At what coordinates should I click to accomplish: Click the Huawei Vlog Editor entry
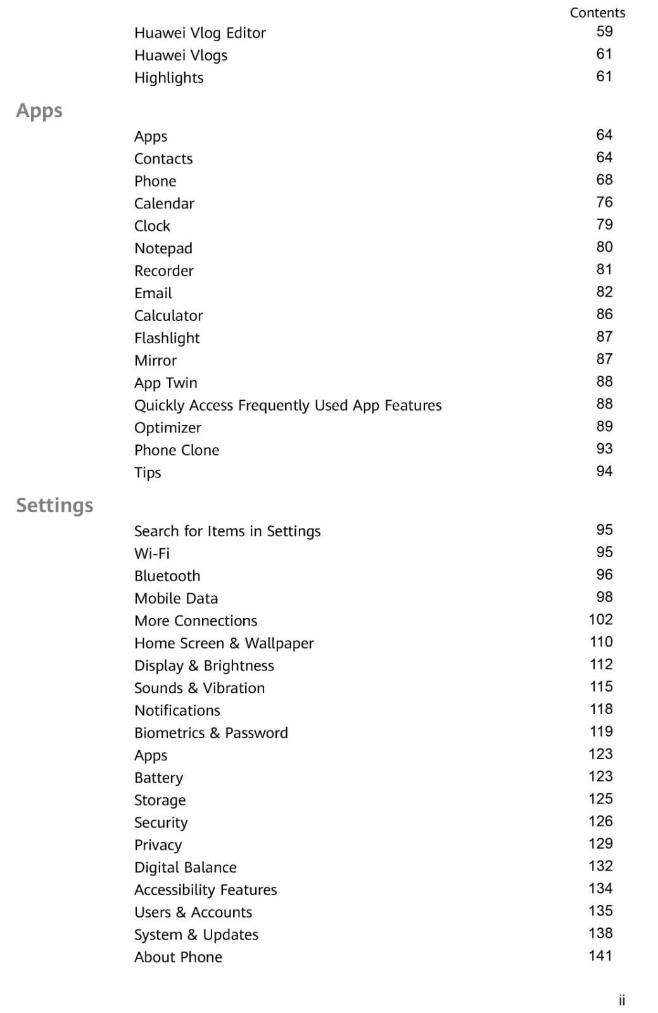pos(199,33)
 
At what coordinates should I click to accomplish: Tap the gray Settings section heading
pos(54,505)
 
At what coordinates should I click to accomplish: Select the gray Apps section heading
pos(39,111)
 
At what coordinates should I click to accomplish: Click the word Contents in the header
pos(597,13)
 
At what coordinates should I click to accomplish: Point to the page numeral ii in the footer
pos(622,1000)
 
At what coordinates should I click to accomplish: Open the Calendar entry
pos(164,203)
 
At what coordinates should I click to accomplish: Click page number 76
pos(604,202)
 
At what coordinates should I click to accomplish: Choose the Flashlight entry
pos(167,338)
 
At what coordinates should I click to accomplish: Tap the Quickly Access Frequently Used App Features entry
pos(288,405)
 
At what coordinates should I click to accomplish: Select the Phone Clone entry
pos(176,450)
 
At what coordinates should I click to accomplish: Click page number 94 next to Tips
pos(604,471)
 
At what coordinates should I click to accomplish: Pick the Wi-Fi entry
pos(152,553)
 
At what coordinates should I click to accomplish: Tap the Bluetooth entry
pos(167,576)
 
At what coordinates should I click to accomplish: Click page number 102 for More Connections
pos(600,619)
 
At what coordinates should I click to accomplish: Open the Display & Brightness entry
pos(204,665)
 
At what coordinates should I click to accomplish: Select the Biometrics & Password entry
pos(211,733)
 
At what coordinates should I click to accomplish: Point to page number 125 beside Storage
pos(600,798)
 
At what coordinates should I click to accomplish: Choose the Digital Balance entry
pos(185,867)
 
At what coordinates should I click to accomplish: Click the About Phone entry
pos(178,957)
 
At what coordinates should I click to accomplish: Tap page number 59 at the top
pos(604,31)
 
